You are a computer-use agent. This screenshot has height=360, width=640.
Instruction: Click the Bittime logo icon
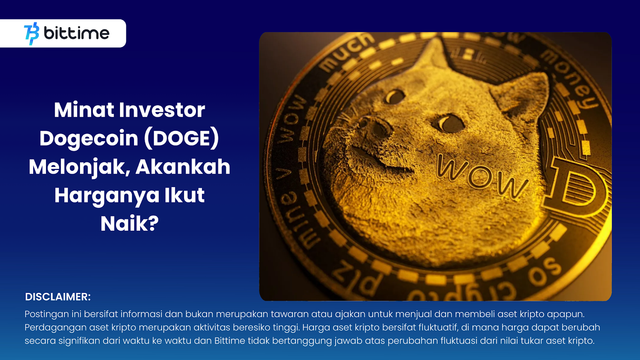[32, 34]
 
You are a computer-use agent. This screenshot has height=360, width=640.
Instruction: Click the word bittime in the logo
[76, 33]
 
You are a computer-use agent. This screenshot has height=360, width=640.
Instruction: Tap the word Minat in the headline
[84, 110]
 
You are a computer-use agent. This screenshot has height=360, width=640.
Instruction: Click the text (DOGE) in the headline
[181, 138]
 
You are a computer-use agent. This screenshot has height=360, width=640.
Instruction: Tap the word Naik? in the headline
[130, 224]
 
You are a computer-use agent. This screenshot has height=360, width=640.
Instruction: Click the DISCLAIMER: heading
[58, 297]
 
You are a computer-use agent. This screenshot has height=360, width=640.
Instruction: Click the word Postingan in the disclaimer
[47, 314]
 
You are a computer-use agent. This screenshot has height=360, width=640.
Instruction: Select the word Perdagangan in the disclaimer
[55, 328]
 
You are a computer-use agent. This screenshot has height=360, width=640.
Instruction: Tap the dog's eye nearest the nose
[395, 96]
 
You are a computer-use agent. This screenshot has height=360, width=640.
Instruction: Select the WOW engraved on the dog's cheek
[482, 176]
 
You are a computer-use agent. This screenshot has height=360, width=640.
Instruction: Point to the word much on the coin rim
[348, 51]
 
